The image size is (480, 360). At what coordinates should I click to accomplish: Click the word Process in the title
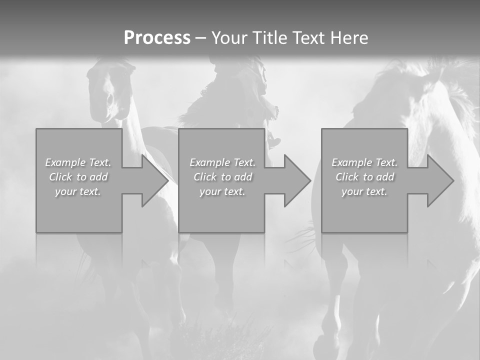tap(157, 38)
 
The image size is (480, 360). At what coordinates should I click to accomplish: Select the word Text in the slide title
tap(307, 38)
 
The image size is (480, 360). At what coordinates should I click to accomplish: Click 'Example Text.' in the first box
tap(78, 162)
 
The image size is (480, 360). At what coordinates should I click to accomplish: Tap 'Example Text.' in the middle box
tap(222, 162)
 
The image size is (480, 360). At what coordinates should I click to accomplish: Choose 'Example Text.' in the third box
tap(364, 162)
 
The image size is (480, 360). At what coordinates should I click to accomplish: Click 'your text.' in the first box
tap(78, 191)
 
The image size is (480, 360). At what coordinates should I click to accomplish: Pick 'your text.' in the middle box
tap(222, 191)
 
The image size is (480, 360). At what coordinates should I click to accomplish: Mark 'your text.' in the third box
tap(364, 191)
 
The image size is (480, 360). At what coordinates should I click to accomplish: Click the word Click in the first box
tap(60, 177)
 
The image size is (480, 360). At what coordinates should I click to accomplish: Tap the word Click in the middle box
tap(205, 177)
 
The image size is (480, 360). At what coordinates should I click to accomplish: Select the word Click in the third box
tap(347, 177)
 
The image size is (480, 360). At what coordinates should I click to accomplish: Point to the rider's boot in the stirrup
tap(273, 141)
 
